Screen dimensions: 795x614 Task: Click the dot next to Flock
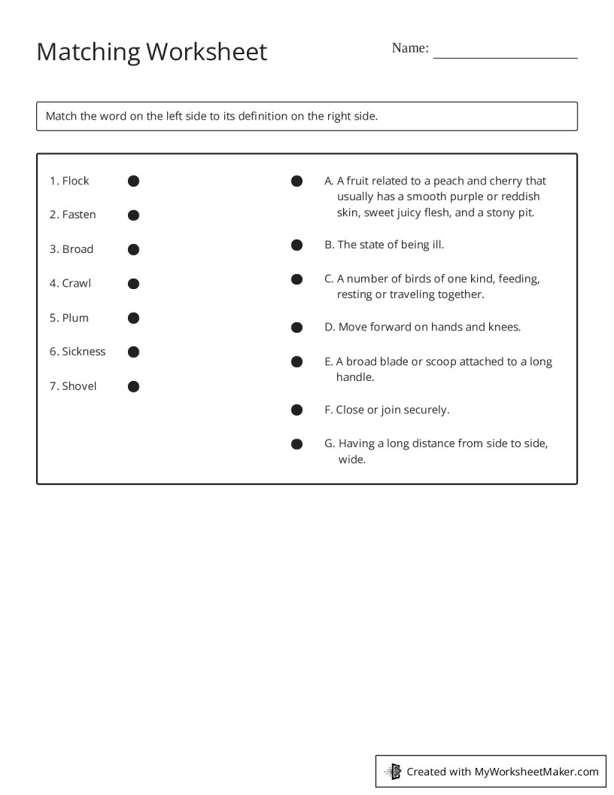coord(133,181)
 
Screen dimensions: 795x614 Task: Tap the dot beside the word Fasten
coord(133,215)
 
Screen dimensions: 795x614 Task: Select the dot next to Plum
coord(133,318)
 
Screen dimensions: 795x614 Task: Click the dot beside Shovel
coord(133,386)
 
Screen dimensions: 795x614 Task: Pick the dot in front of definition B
coord(297,245)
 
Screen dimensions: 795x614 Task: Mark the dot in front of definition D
coord(297,327)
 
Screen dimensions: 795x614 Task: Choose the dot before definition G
coord(297,443)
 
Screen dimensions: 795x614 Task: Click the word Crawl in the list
coord(76,283)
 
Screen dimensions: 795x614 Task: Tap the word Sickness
coord(84,352)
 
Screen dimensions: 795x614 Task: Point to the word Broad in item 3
coord(78,249)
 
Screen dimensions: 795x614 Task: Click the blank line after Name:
coord(505,53)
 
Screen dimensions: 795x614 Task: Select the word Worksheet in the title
coord(206,52)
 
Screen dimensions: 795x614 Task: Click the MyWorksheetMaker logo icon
coord(394,771)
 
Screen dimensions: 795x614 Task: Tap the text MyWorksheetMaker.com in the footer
coord(536,771)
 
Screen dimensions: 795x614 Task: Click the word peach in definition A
coord(449,181)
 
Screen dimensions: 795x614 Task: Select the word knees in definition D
coord(505,327)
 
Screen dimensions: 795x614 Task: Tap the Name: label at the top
coord(410,48)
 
